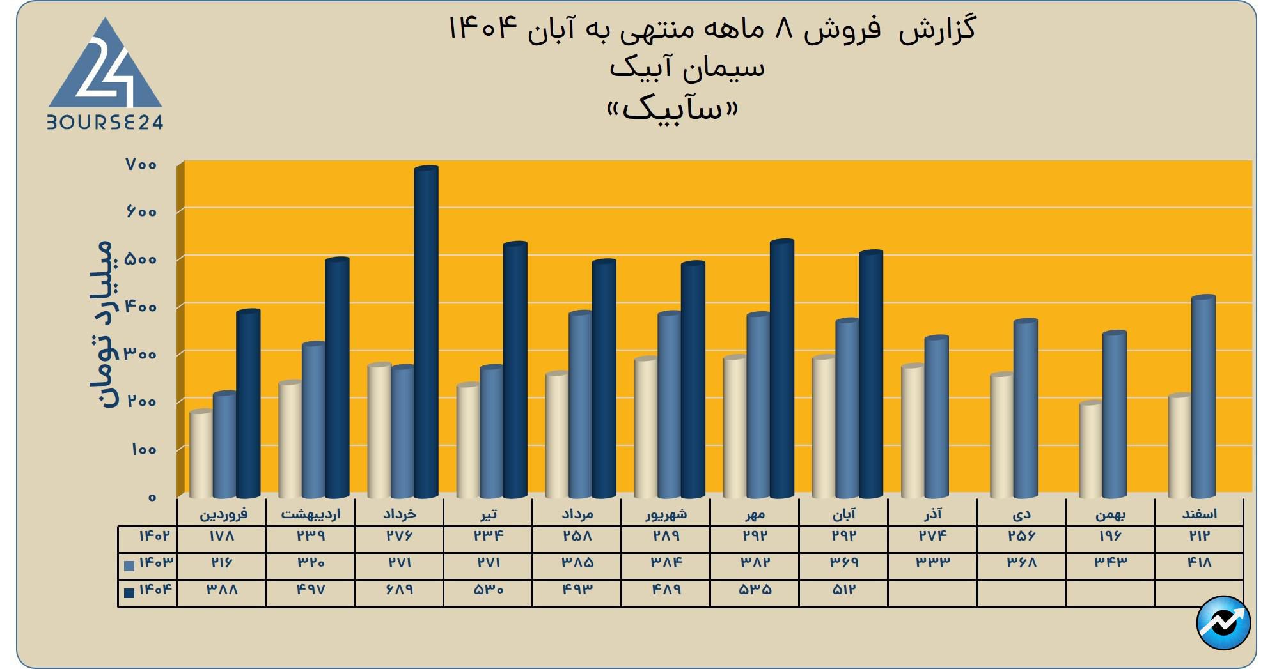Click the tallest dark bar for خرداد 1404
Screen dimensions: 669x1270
click(426, 332)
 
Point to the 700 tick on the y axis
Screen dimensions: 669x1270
click(141, 165)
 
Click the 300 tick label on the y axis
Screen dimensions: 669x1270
click(141, 354)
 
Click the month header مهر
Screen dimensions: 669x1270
click(755, 514)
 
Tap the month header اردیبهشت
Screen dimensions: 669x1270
click(310, 514)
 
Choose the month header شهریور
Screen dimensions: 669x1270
click(666, 514)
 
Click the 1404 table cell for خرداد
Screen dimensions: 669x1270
click(399, 590)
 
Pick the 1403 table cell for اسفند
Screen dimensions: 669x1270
click(1198, 563)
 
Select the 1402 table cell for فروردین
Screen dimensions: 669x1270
click(221, 535)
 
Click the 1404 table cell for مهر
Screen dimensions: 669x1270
click(755, 590)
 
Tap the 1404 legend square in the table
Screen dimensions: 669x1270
click(129, 592)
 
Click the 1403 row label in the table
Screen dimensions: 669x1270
click(155, 563)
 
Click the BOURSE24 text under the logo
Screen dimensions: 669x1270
click(106, 122)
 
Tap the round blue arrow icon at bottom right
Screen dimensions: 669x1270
click(1223, 623)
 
